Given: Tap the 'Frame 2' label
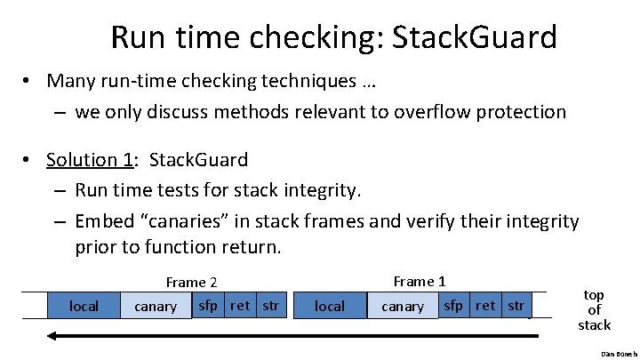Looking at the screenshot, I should pyautogui.click(x=191, y=283).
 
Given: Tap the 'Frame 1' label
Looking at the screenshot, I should pyautogui.click(x=419, y=282).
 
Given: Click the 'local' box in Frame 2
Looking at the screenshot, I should pyautogui.click(x=84, y=306).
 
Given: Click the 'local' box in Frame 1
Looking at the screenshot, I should pyautogui.click(x=330, y=306).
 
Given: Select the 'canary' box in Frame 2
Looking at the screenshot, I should pyautogui.click(x=155, y=307).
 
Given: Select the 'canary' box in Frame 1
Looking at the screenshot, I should pyautogui.click(x=402, y=307).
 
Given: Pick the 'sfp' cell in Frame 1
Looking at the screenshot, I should pyautogui.click(x=453, y=306).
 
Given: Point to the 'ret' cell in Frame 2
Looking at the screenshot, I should pyautogui.click(x=240, y=306).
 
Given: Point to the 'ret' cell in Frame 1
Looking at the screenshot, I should pyautogui.click(x=486, y=306).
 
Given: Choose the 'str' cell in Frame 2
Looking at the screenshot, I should pyautogui.click(x=270, y=306).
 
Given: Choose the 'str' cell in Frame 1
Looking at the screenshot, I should pyautogui.click(x=516, y=306).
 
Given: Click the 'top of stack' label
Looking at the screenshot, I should pyautogui.click(x=594, y=309).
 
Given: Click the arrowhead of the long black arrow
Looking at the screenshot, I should pyautogui.click(x=53, y=336).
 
